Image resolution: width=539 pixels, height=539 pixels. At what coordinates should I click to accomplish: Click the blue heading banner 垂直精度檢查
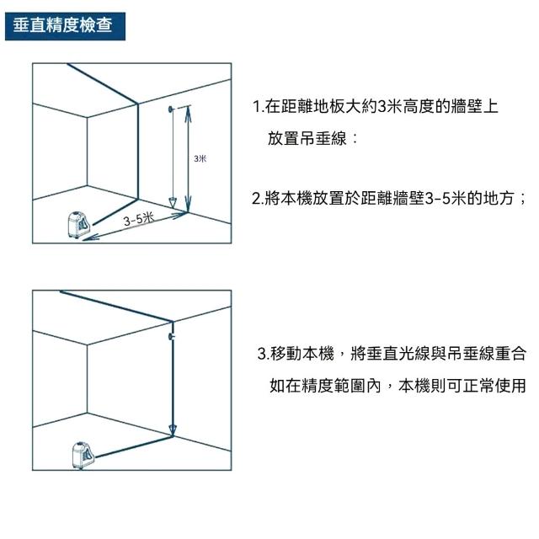(x=65, y=26)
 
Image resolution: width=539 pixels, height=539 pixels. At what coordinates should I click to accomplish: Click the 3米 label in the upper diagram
(x=200, y=158)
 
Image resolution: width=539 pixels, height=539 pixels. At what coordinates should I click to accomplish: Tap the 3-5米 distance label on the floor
(x=139, y=219)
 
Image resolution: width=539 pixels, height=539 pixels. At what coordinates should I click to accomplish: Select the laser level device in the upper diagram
(x=78, y=225)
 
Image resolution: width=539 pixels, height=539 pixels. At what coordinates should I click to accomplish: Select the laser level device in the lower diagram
(x=83, y=455)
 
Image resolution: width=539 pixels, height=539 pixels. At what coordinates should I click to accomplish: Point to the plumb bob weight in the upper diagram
(x=173, y=203)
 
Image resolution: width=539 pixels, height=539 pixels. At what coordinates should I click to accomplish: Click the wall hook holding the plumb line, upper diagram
(x=171, y=109)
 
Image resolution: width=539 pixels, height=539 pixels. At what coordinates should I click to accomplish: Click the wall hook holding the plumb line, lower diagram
(x=171, y=336)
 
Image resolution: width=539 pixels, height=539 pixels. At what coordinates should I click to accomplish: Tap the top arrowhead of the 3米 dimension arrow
(x=188, y=112)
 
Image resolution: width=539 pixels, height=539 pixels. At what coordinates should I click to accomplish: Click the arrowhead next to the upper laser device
(x=90, y=237)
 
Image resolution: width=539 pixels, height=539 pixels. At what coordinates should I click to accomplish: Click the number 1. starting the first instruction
(x=258, y=107)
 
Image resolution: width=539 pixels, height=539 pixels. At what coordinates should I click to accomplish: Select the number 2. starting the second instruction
(x=258, y=199)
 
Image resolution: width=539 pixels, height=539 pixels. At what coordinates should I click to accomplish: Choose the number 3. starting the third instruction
(x=264, y=354)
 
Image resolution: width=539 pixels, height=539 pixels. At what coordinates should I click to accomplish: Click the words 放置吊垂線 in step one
(x=307, y=138)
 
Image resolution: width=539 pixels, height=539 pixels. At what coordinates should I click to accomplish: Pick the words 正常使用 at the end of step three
(x=494, y=386)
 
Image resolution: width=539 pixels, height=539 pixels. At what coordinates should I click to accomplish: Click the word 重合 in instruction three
(x=510, y=354)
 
